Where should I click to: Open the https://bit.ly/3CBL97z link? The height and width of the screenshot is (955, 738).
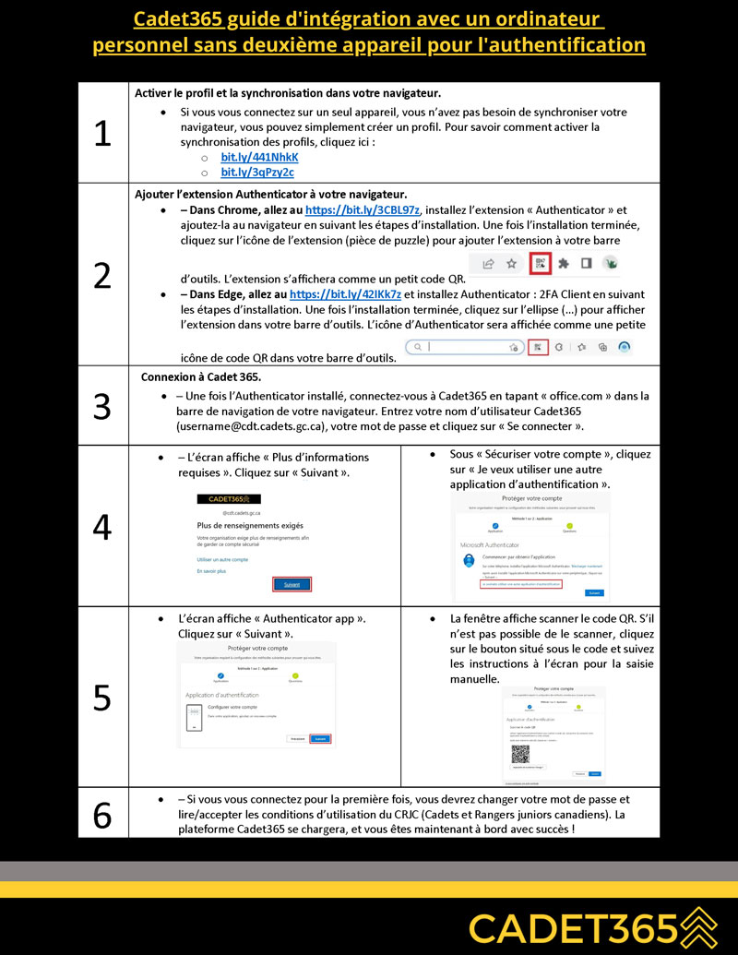tap(362, 210)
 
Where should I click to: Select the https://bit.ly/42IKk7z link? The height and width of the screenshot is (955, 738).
tap(346, 294)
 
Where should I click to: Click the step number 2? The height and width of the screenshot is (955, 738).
tap(102, 275)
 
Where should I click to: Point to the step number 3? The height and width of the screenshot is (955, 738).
tap(102, 406)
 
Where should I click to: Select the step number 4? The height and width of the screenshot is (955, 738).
tap(102, 526)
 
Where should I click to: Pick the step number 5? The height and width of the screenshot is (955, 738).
tap(102, 697)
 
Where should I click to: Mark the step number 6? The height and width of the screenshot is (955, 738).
tap(102, 813)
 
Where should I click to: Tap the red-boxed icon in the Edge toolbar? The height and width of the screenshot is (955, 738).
tap(538, 347)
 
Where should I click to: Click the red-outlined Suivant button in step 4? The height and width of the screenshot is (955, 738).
tap(292, 584)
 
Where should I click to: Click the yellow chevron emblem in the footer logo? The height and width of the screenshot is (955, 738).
tap(697, 925)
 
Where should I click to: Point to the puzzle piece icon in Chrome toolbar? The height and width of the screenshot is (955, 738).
tap(563, 263)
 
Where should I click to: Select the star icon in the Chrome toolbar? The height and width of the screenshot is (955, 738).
tap(511, 263)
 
